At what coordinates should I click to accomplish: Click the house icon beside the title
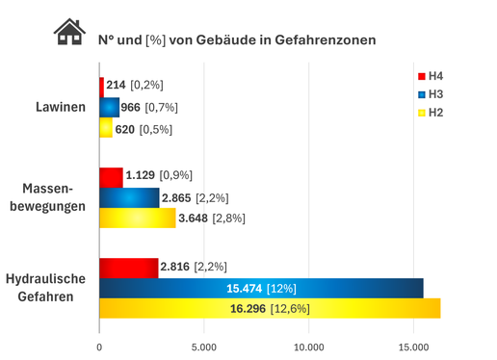point(67,36)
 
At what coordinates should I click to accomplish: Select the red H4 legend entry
point(430,76)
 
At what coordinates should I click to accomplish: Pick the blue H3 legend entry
point(430,94)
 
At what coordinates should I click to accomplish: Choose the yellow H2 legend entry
point(430,113)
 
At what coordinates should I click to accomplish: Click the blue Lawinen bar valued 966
point(110,107)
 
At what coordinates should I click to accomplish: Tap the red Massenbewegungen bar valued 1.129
point(112,176)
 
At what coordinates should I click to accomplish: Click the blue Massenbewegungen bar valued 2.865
point(129,197)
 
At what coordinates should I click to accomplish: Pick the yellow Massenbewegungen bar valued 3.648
point(138,219)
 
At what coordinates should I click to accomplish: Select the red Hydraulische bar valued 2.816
point(129,267)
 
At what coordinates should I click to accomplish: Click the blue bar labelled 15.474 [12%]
point(261,288)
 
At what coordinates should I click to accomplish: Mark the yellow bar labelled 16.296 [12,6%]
point(270,308)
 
